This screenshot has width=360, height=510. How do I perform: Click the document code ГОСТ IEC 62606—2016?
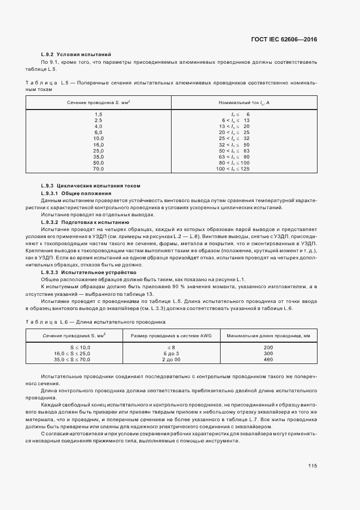284,39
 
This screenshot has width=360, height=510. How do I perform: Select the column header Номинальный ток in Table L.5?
244,102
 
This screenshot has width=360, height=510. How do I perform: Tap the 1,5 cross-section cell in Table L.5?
99,113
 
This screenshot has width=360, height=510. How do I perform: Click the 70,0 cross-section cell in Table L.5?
99,169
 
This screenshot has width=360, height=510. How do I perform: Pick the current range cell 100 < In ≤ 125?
234,169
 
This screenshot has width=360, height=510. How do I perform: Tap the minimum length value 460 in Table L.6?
268,360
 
